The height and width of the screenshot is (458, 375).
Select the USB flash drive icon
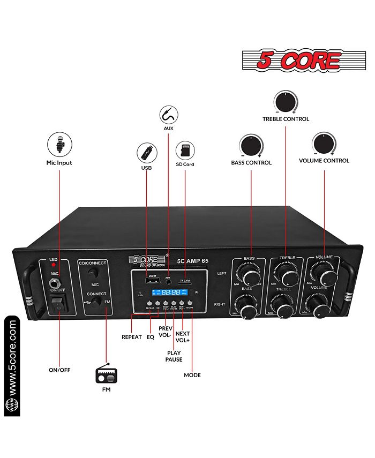[147, 153]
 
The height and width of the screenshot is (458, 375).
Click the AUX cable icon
[169, 115]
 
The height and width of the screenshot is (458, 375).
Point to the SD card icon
[185, 151]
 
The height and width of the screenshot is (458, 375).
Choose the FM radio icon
[106, 373]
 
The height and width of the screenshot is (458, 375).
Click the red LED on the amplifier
[54, 265]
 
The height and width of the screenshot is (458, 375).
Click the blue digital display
[167, 293]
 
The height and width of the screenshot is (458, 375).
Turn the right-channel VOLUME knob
[321, 310]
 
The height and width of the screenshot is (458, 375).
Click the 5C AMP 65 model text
[194, 261]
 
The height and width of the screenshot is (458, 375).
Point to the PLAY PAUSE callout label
[173, 356]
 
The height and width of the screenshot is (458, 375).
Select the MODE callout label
[192, 375]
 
